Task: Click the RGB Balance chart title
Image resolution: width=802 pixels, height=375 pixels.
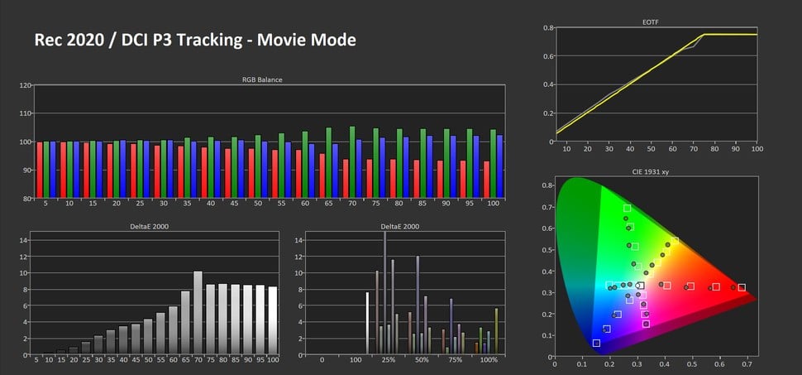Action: point(261,79)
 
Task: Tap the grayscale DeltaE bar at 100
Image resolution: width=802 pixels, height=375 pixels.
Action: point(273,320)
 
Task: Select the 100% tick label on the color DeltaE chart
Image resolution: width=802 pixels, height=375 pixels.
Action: point(489,361)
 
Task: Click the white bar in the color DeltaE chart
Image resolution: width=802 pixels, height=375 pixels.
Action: point(367,323)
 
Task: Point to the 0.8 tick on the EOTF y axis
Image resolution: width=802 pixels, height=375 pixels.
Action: point(547,27)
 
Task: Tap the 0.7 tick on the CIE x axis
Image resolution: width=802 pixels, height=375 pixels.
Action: point(747,363)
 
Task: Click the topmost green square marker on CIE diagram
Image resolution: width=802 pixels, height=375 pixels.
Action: point(627,208)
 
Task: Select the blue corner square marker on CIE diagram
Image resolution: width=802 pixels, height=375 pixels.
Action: point(596,343)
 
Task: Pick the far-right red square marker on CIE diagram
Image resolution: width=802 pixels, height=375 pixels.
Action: point(742,287)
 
